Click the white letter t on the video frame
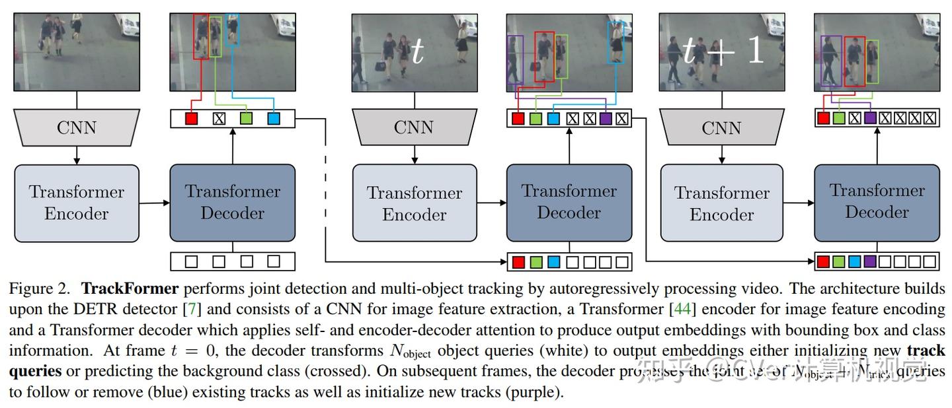[x=417, y=51]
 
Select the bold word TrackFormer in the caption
[x=130, y=289]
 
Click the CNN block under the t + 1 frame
[x=722, y=127]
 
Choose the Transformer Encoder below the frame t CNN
[x=415, y=203]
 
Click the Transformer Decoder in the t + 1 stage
[x=877, y=201]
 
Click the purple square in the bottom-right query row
[x=869, y=261]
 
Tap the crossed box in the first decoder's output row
[x=219, y=119]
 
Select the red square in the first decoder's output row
[x=191, y=119]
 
